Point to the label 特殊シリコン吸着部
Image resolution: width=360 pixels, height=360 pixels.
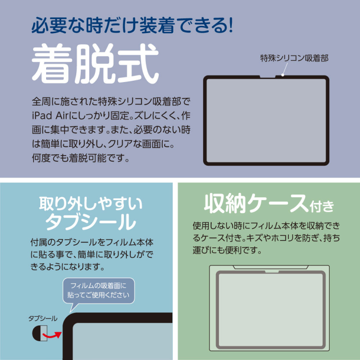(x=294, y=59)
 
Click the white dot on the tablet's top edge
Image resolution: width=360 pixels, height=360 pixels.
(x=283, y=74)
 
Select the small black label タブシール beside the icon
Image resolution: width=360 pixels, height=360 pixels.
(x=43, y=318)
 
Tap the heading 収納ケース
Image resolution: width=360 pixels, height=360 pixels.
(x=255, y=204)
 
